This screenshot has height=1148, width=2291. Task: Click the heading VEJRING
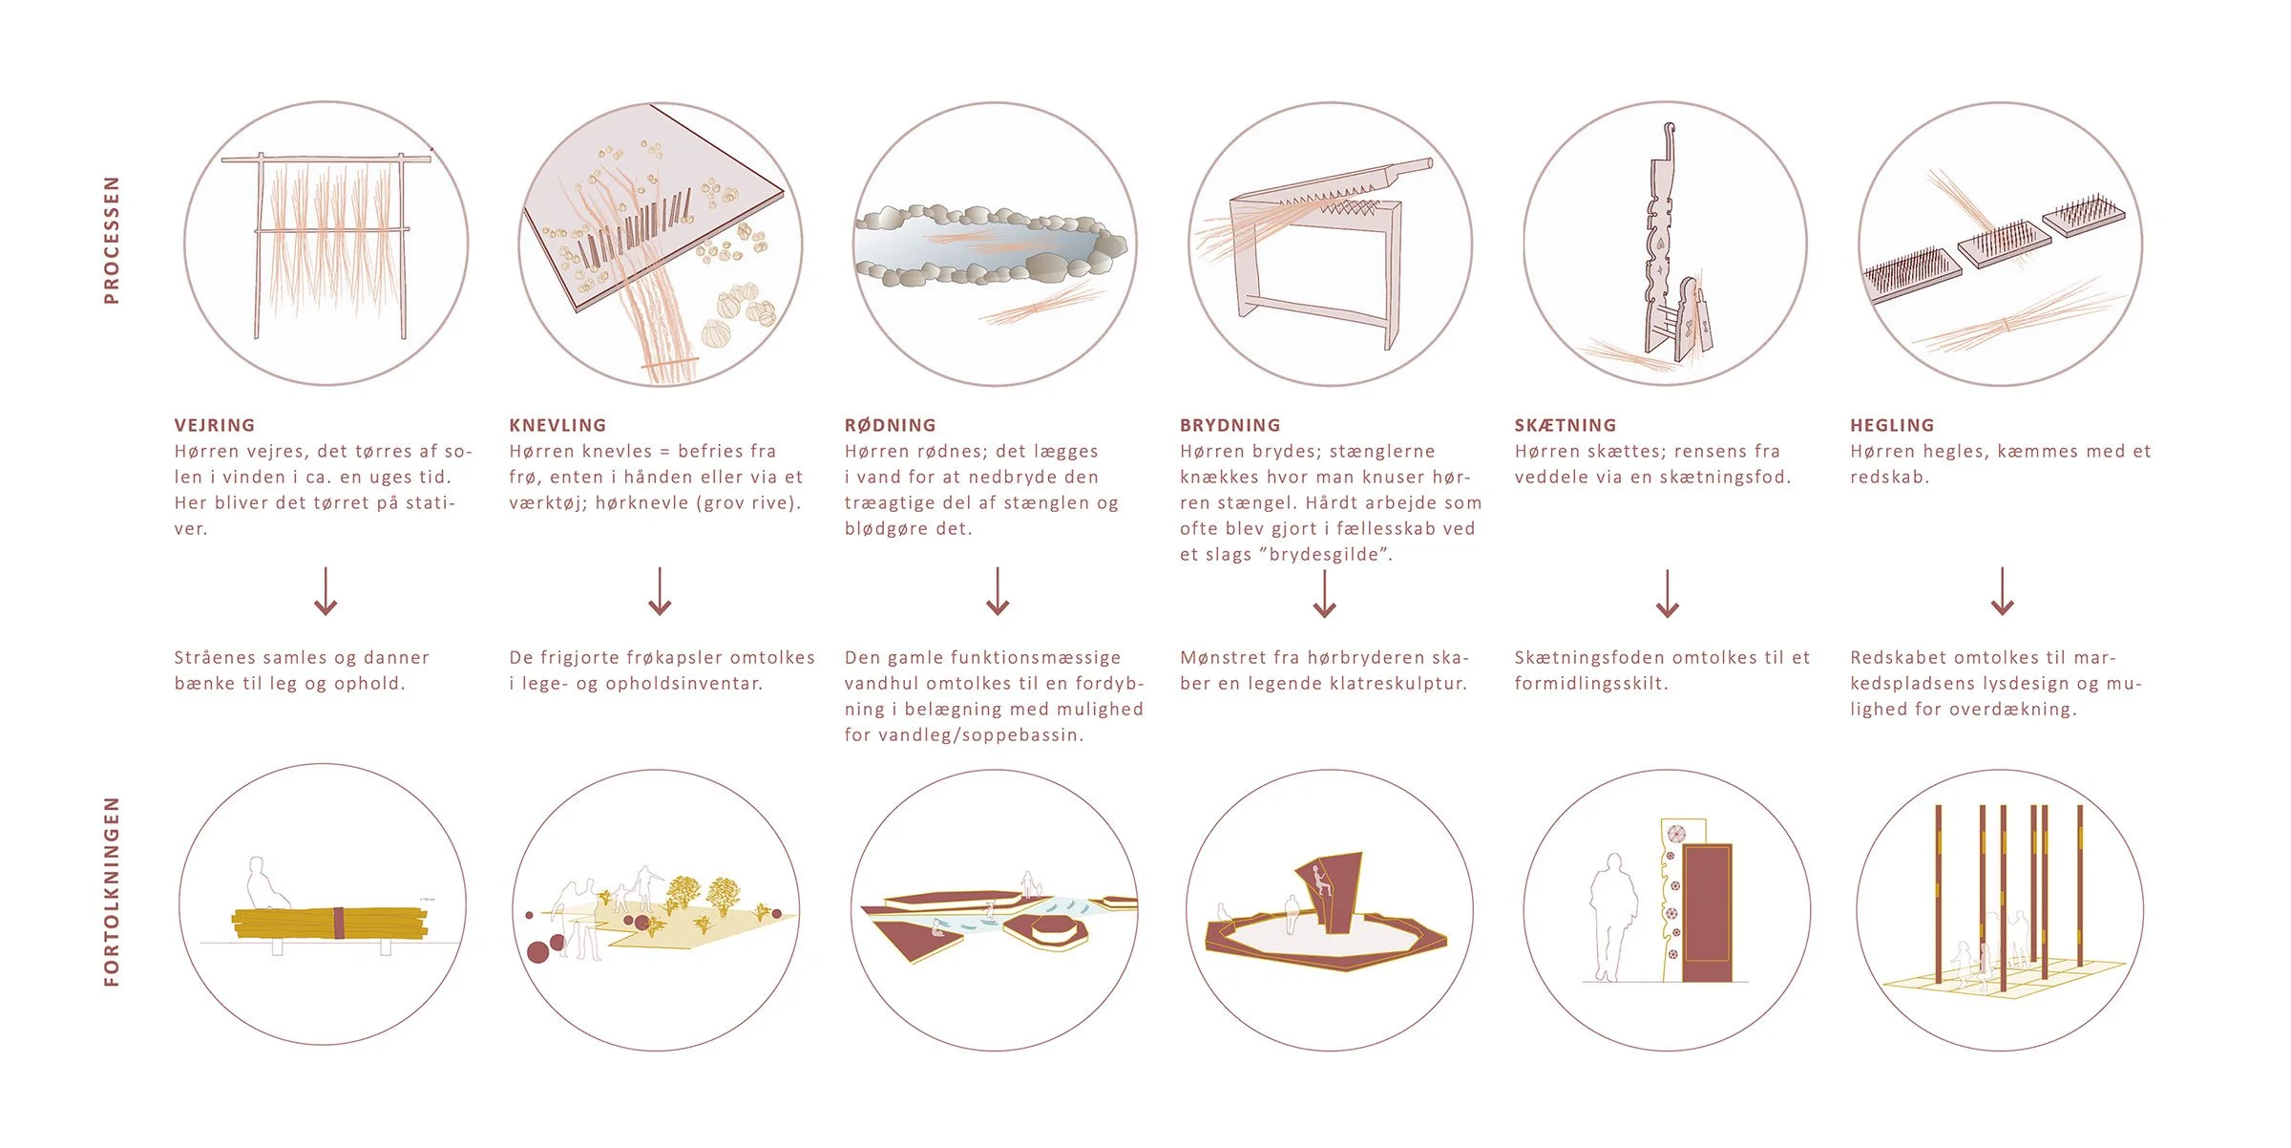click(215, 425)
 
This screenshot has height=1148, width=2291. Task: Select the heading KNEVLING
click(557, 425)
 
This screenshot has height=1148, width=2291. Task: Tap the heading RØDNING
click(890, 425)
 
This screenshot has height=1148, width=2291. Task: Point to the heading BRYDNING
click(1230, 425)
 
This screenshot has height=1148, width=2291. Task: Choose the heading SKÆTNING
click(1566, 425)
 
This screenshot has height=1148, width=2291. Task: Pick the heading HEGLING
click(1892, 425)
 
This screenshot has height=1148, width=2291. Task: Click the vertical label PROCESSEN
click(112, 240)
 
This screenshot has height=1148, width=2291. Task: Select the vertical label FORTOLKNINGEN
click(112, 891)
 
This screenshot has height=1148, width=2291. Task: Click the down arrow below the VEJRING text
click(326, 591)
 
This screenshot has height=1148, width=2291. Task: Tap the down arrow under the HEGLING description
click(2002, 591)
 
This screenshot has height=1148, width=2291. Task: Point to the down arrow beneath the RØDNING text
click(998, 591)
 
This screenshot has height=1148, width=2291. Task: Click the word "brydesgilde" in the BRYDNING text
click(1325, 555)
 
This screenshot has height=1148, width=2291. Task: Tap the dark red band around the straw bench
click(337, 924)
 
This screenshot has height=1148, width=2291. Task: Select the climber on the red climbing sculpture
click(1318, 880)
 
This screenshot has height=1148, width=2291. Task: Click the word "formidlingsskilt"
click(1590, 684)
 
